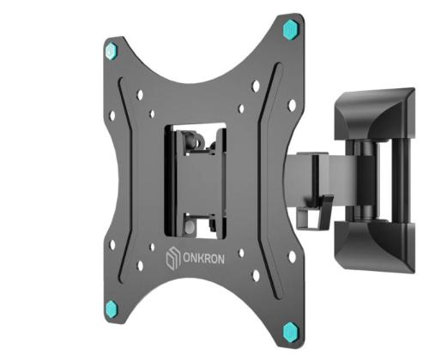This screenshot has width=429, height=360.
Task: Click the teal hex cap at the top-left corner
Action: pos(111,49)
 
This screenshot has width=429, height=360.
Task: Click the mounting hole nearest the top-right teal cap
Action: pos(292,105)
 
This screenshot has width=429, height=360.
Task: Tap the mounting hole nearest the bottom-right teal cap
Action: pos(292,256)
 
